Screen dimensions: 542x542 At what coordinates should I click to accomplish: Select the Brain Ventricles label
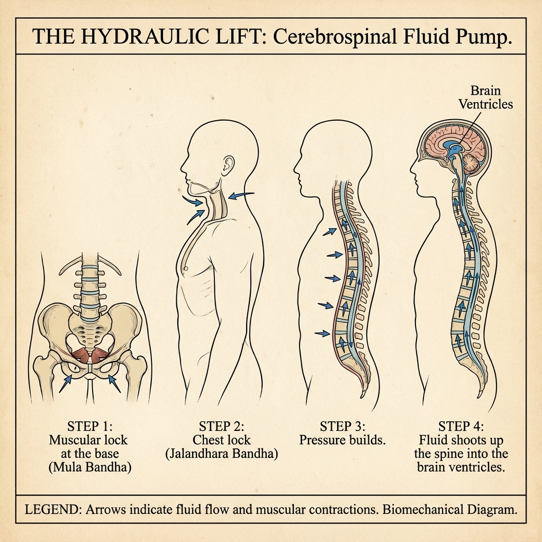pos(485,97)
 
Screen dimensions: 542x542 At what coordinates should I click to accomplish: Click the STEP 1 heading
pos(88,426)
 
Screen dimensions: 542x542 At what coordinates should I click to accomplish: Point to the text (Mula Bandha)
pos(88,467)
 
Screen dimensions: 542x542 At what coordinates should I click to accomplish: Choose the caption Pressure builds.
pos(342,440)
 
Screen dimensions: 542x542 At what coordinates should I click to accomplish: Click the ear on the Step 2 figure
pos(228,165)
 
